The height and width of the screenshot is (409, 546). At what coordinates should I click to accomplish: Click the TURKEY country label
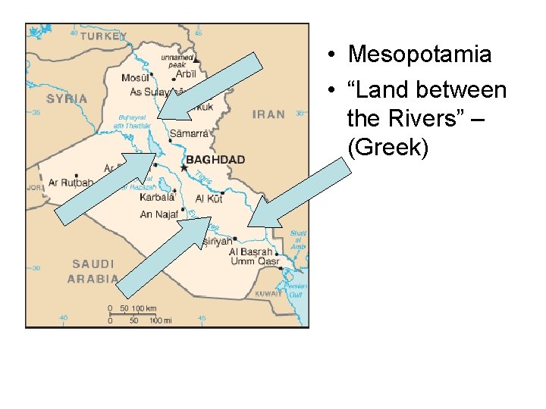pyautogui.click(x=103, y=36)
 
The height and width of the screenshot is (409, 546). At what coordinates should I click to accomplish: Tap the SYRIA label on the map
pyautogui.click(x=67, y=98)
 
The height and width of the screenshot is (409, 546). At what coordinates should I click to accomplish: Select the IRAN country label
pyautogui.click(x=268, y=114)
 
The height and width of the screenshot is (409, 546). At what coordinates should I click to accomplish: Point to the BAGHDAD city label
pyautogui.click(x=215, y=160)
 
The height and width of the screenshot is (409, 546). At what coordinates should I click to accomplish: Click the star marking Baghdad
pyautogui.click(x=183, y=167)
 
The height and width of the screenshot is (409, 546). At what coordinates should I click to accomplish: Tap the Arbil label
pyautogui.click(x=183, y=74)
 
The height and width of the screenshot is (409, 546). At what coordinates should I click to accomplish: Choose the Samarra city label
pyautogui.click(x=188, y=133)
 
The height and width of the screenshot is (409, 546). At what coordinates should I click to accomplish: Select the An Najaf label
pyautogui.click(x=158, y=214)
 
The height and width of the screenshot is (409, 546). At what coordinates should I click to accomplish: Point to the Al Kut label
pyautogui.click(x=209, y=198)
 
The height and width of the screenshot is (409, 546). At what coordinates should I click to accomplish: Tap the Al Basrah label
pyautogui.click(x=250, y=251)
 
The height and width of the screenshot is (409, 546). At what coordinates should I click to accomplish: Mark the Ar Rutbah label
pyautogui.click(x=71, y=183)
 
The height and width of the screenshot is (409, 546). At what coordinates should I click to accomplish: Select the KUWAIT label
pyautogui.click(x=267, y=293)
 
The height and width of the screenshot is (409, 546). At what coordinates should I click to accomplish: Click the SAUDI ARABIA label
pyautogui.click(x=92, y=271)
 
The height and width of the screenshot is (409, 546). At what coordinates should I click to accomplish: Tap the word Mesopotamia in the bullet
pyautogui.click(x=419, y=55)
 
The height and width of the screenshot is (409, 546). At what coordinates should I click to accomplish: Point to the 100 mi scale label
pyautogui.click(x=160, y=320)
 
